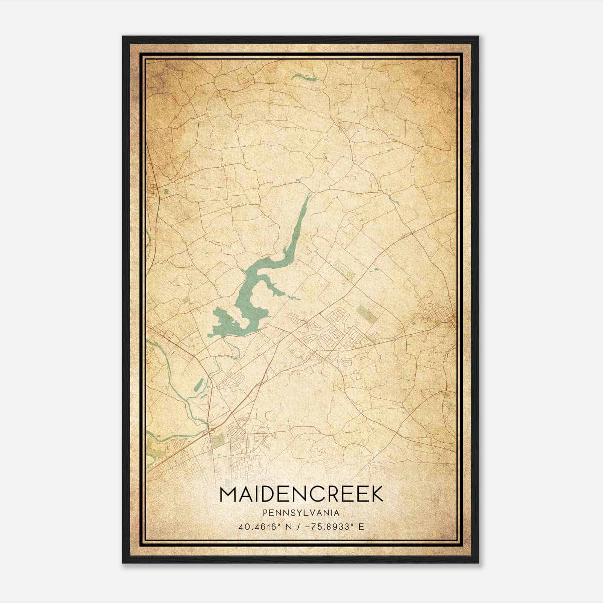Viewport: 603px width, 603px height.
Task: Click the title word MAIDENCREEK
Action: point(301,494)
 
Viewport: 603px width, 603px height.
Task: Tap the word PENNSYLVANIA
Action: point(301,513)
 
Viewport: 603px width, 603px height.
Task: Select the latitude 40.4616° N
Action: point(262,527)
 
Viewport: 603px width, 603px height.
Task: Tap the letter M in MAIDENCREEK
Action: point(228,494)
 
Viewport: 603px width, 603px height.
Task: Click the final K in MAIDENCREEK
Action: point(376,494)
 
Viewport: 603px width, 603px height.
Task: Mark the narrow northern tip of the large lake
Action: point(308,197)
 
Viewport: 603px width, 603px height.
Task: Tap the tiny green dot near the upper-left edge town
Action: point(165,191)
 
